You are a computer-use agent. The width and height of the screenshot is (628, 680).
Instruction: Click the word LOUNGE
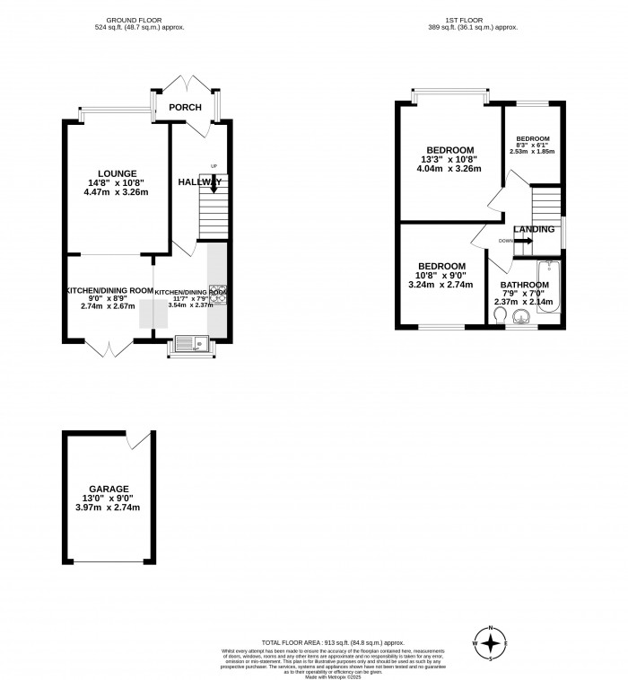coord(118,173)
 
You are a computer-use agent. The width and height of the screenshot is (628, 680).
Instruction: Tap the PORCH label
coord(186,109)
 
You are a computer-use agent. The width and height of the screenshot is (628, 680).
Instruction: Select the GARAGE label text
coord(108,489)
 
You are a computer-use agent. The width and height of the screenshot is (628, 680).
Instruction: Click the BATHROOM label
coord(524,285)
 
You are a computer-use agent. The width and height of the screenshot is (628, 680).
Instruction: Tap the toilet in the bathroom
coord(499,316)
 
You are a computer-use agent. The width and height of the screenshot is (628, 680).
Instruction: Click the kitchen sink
coord(190,341)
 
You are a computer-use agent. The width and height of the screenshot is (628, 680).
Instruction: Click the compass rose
coord(491,642)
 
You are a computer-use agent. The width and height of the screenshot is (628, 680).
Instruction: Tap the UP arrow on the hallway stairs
coord(214,183)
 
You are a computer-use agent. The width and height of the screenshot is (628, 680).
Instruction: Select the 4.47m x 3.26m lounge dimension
coord(117,191)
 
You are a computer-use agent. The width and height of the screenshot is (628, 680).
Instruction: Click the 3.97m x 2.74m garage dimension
coord(108,508)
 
